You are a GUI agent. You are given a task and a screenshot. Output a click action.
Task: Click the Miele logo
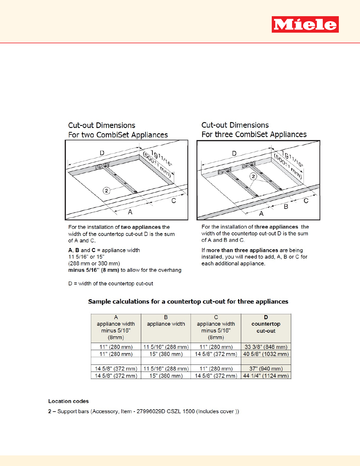pos(305,24)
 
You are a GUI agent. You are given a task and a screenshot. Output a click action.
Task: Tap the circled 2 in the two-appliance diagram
pos(106,191)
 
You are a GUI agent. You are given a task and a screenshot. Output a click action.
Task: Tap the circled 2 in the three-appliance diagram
pos(254,176)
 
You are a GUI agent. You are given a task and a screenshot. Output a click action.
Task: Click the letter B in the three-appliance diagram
pos(286,207)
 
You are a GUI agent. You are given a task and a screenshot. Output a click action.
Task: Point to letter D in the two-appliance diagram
pos(102,153)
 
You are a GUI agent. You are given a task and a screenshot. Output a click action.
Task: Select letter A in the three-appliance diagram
pos(261,213)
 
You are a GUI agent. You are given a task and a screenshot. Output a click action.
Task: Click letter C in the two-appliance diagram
pos(174,201)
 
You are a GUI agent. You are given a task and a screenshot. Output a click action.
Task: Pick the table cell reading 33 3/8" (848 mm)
pos(266,347)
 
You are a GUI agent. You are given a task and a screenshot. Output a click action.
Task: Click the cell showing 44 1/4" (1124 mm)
pos(266,376)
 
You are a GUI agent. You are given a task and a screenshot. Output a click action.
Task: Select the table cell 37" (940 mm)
pos(266,369)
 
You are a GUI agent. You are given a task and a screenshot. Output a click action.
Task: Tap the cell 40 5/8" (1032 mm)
pos(266,354)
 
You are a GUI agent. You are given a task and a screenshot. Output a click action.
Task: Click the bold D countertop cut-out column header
pos(266,324)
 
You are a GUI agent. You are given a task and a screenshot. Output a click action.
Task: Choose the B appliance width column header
pos(166,321)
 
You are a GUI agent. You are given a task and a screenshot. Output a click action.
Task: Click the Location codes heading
pos(69,401)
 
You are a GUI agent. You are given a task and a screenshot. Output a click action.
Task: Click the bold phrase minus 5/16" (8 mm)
pos(94,270)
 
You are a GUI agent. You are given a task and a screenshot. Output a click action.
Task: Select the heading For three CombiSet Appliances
pos(254,134)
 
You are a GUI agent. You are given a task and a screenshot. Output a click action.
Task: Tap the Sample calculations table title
pos(188,302)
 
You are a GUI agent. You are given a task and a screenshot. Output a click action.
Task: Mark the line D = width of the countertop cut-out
pos(111,284)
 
